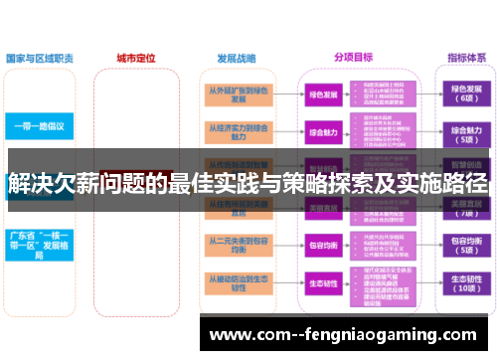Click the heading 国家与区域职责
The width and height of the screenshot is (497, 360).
click(x=40, y=59)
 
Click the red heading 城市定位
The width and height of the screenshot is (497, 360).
click(x=135, y=59)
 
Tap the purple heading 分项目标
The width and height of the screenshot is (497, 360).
click(x=353, y=59)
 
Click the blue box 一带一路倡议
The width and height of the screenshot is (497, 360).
click(x=39, y=127)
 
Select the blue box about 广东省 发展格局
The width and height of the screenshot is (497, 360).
click(x=39, y=244)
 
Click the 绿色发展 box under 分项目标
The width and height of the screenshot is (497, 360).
click(x=324, y=95)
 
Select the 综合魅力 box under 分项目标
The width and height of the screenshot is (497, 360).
click(x=324, y=132)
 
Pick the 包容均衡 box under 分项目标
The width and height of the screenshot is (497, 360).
click(x=324, y=244)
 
